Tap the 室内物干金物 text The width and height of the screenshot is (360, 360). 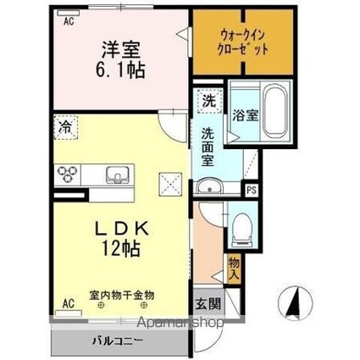coord(122,296)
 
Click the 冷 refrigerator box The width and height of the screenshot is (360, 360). coord(65,127)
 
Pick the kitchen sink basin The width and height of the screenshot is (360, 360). coord(117,175)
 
